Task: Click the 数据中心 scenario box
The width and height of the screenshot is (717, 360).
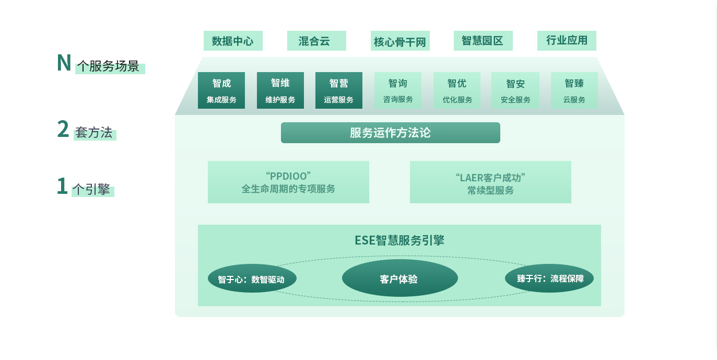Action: [233, 41]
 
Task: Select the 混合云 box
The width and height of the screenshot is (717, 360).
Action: [316, 41]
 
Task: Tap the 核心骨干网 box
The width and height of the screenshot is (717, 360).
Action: [400, 41]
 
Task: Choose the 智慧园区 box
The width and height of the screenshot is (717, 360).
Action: [483, 41]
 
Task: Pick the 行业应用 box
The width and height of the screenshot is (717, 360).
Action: [567, 41]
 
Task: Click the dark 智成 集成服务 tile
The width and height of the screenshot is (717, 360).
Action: [221, 90]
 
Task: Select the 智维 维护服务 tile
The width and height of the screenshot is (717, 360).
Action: [280, 90]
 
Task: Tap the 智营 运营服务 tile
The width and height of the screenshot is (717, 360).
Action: [338, 90]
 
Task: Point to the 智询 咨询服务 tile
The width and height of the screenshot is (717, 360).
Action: [398, 90]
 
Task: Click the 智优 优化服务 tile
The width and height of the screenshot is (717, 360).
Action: [457, 90]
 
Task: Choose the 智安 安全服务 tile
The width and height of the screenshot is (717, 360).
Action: [515, 90]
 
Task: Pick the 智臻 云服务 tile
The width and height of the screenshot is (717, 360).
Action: [574, 90]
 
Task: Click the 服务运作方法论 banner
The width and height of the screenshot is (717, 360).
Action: [391, 133]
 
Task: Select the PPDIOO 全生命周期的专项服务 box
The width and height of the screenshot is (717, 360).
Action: [288, 182]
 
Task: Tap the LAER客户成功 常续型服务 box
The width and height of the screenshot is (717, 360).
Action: [490, 182]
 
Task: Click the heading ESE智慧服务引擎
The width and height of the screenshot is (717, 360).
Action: [399, 240]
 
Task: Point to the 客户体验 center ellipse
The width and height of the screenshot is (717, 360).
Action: [400, 278]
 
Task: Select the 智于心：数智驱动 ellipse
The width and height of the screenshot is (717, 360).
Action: [252, 278]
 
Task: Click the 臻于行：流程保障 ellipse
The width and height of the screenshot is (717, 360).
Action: [549, 278]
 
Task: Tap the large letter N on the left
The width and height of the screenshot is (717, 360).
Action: [64, 63]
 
